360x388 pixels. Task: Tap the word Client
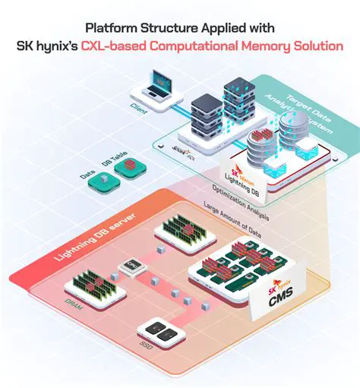[138, 110]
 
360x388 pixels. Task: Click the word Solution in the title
[318, 46]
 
